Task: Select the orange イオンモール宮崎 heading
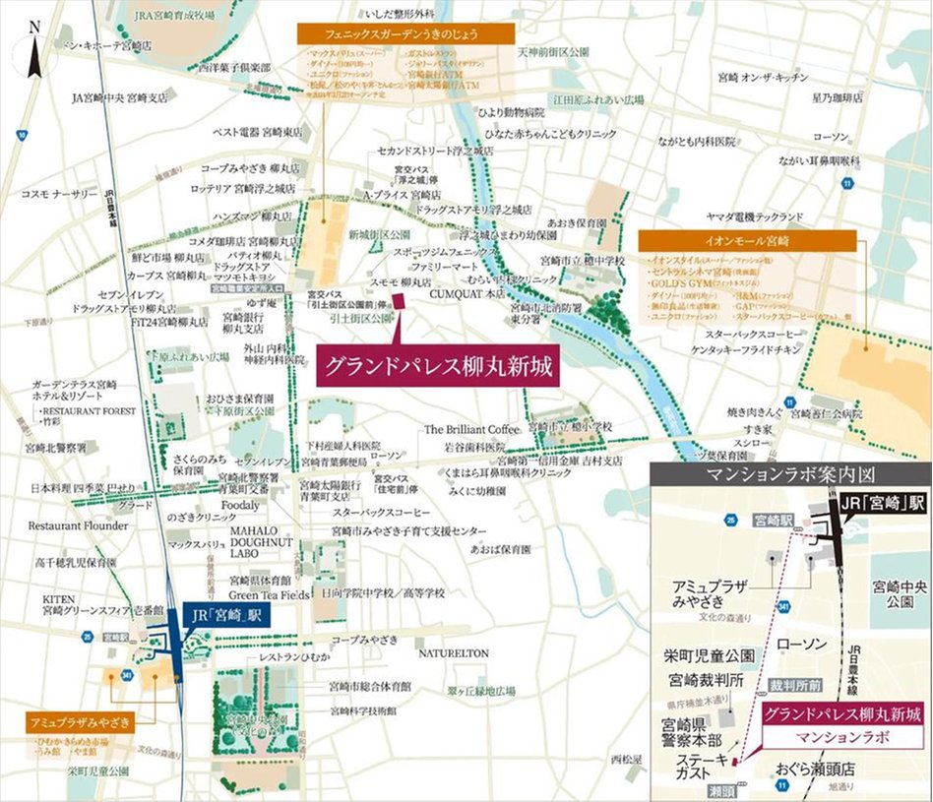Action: pos(747,240)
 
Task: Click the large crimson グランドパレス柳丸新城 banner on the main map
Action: pos(436,367)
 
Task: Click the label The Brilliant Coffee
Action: pos(470,430)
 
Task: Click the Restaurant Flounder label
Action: pos(78,525)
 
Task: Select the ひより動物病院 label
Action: pos(511,113)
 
